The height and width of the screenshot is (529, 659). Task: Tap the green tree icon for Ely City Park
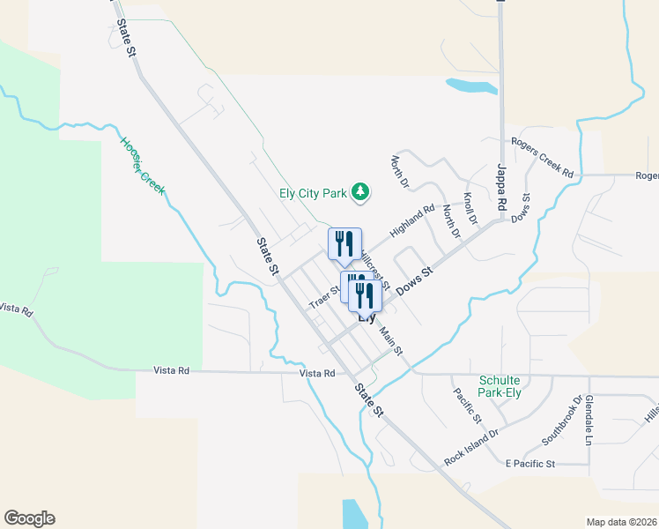(x=359, y=190)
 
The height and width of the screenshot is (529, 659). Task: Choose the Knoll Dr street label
(x=469, y=208)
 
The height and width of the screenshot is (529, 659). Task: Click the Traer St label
(x=324, y=296)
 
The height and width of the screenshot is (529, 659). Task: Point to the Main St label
(x=391, y=341)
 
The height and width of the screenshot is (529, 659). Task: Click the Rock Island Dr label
(x=471, y=446)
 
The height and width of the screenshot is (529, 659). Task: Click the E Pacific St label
(x=529, y=463)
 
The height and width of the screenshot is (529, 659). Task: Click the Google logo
(x=29, y=518)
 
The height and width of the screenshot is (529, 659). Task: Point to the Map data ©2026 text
(x=620, y=522)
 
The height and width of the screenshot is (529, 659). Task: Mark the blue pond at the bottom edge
(x=352, y=513)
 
